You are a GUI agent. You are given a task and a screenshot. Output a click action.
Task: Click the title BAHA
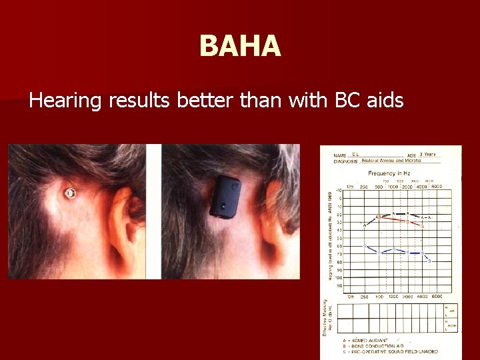(x=240, y=47)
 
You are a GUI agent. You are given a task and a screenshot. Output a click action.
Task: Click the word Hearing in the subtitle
(x=65, y=101)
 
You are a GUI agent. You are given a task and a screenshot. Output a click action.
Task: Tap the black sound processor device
(x=225, y=198)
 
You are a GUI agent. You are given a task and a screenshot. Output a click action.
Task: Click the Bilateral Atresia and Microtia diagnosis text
(x=391, y=161)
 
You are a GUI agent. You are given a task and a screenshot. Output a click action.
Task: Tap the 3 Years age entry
(x=428, y=154)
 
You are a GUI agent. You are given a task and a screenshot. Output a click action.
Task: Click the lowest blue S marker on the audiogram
(x=429, y=261)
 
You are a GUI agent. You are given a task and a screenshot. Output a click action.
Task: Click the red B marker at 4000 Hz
(x=423, y=226)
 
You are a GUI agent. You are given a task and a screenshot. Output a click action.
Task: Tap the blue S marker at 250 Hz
(x=364, y=245)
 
